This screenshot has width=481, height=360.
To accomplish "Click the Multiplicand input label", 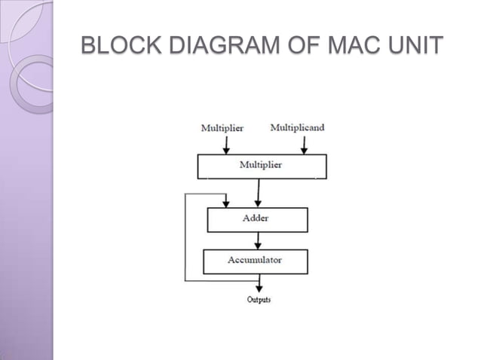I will (x=297, y=127).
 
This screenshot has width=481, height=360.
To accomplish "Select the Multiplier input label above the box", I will (x=222, y=128).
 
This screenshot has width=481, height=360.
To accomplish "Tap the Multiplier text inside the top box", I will (x=261, y=165).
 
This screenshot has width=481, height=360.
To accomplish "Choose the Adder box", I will (x=257, y=219).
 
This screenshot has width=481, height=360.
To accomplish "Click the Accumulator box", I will (x=255, y=261).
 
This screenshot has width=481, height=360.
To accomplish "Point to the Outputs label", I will (x=259, y=300).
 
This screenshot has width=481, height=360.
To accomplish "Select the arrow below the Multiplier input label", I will (x=225, y=144).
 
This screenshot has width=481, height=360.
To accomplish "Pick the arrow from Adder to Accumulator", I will (x=259, y=239).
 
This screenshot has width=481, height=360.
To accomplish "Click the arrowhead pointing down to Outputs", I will (x=259, y=288).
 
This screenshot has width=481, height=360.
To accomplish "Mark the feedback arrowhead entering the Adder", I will (x=225, y=203).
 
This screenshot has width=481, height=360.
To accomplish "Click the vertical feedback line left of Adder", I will (x=185, y=237).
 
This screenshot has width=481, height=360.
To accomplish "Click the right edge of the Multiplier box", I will (x=326, y=166).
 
